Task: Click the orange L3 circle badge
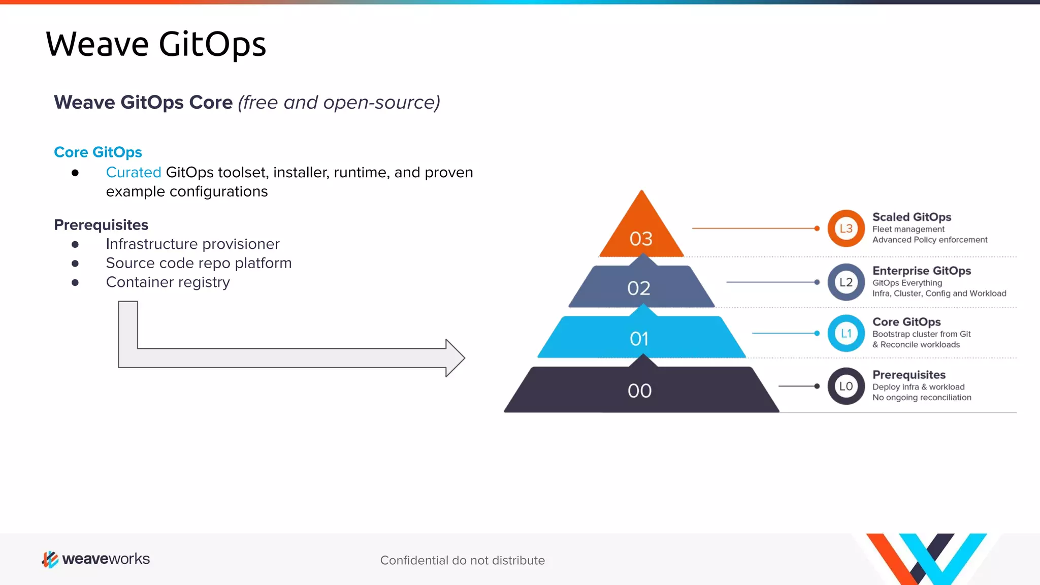coord(846,229)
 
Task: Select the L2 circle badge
coord(846,282)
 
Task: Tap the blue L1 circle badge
coord(846,334)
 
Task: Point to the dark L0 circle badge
coord(846,386)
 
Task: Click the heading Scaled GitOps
coord(912,217)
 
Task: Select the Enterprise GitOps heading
coord(921,271)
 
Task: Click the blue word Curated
coord(134,173)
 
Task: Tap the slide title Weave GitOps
coord(155,44)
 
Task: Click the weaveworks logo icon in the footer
coord(50,559)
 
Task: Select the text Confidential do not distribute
coord(462,560)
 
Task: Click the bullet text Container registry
coord(168,282)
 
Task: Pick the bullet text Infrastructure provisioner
coord(192,244)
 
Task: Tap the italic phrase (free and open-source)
coord(339,103)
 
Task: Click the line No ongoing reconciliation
coord(921,398)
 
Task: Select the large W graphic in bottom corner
coord(927,559)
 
